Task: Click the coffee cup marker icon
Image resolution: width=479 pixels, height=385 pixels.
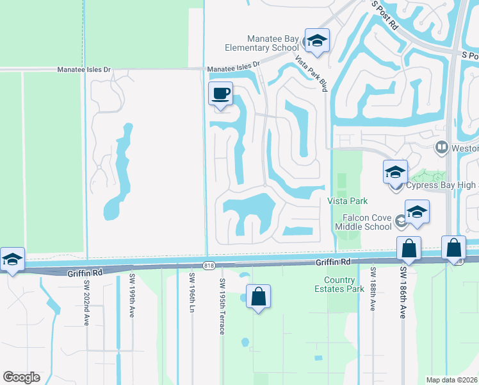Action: point(221,94)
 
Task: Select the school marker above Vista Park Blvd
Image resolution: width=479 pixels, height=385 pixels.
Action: point(316,42)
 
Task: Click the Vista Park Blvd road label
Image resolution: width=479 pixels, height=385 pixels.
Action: point(311,73)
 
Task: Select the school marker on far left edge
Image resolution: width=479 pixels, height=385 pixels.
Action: point(12,260)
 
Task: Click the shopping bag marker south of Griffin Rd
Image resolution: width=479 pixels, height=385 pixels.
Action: point(258,298)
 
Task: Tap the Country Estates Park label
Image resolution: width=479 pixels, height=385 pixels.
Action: point(348,284)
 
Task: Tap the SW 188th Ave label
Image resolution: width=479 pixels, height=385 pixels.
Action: point(372,289)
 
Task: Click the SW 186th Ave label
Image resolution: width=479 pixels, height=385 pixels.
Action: point(403,293)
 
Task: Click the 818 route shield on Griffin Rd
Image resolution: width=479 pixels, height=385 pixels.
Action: point(209,265)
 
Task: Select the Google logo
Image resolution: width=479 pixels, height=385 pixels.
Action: point(21,377)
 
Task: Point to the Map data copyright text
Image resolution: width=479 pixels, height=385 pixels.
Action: point(451,380)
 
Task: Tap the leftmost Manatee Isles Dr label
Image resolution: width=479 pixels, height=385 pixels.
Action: point(84,69)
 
